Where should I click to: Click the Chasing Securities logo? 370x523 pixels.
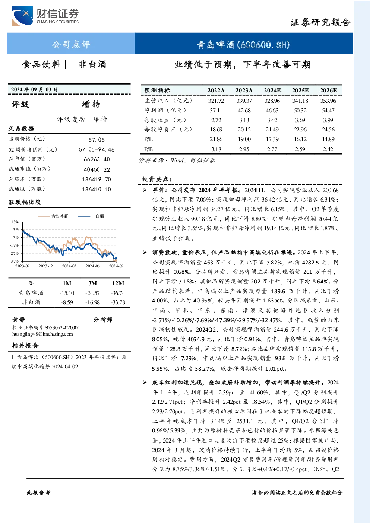click(45, 16)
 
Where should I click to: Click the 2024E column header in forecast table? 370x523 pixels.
click(272, 91)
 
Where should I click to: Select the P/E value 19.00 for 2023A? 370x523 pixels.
click(244, 139)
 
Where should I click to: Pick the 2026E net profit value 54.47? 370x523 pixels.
click(328, 110)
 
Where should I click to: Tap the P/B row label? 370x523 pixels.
click(149, 149)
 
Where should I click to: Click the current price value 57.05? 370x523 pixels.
click(97, 140)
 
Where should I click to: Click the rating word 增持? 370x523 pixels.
click(91, 104)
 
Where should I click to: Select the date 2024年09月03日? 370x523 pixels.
click(34, 89)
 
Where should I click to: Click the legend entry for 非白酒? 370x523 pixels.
click(91, 216)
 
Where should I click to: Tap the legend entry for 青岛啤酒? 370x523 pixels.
click(53, 216)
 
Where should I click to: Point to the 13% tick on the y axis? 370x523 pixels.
click(15, 222)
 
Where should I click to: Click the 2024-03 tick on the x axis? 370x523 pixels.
click(69, 266)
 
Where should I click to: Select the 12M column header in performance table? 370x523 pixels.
click(118, 283)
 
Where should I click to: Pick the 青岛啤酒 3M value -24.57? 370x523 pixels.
click(92, 293)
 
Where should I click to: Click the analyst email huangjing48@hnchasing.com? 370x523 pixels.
click(42, 334)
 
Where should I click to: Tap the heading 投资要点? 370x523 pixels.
click(157, 179)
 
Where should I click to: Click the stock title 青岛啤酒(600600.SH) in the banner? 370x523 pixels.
click(243, 45)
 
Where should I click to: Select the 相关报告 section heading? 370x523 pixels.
click(25, 346)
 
